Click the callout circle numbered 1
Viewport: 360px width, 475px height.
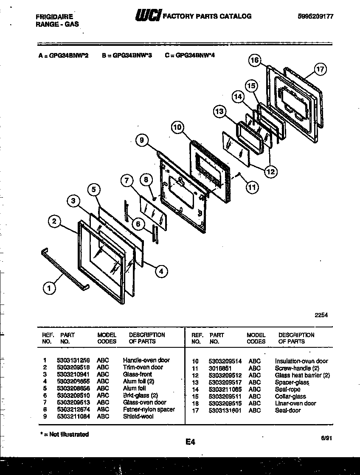tap(50, 288)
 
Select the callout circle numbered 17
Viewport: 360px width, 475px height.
tap(320, 69)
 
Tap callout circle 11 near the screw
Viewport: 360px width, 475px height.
tap(253, 187)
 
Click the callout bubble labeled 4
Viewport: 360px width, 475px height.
tap(161, 271)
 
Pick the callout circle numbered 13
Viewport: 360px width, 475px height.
tap(219, 112)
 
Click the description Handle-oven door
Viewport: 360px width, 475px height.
tap(146, 360)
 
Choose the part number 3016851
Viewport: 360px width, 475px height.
tap(220, 368)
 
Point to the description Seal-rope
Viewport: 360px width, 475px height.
tap(287, 389)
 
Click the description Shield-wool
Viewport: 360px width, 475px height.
tap(138, 416)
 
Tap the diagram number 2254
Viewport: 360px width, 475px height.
tap(321, 315)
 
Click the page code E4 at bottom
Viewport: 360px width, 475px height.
tap(190, 442)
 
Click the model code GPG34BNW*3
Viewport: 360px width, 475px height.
tap(127, 55)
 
